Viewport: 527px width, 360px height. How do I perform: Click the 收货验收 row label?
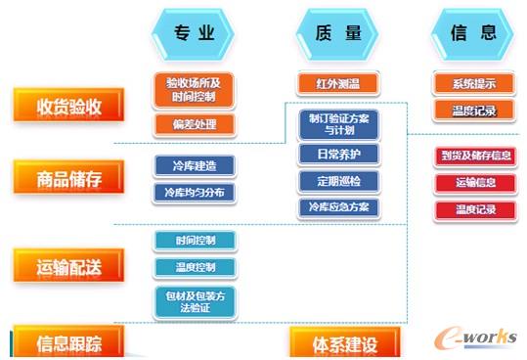(x=69, y=105)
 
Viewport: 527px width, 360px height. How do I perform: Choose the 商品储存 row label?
(x=69, y=178)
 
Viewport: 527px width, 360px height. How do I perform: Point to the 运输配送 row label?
(x=69, y=264)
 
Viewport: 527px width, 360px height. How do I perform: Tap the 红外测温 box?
(x=336, y=84)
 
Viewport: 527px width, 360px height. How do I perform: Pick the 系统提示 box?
(x=474, y=84)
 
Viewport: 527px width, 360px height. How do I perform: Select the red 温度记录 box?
(x=474, y=209)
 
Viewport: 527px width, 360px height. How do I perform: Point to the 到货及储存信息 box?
(x=474, y=156)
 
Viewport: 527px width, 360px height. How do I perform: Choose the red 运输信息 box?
(x=474, y=183)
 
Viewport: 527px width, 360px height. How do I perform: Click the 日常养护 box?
(x=337, y=155)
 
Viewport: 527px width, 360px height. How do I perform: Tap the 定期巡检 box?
(x=337, y=181)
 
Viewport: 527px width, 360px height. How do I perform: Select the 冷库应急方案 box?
(x=337, y=207)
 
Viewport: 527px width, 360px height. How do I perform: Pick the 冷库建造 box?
(x=195, y=166)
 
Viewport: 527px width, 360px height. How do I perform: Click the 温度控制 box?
(x=195, y=267)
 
